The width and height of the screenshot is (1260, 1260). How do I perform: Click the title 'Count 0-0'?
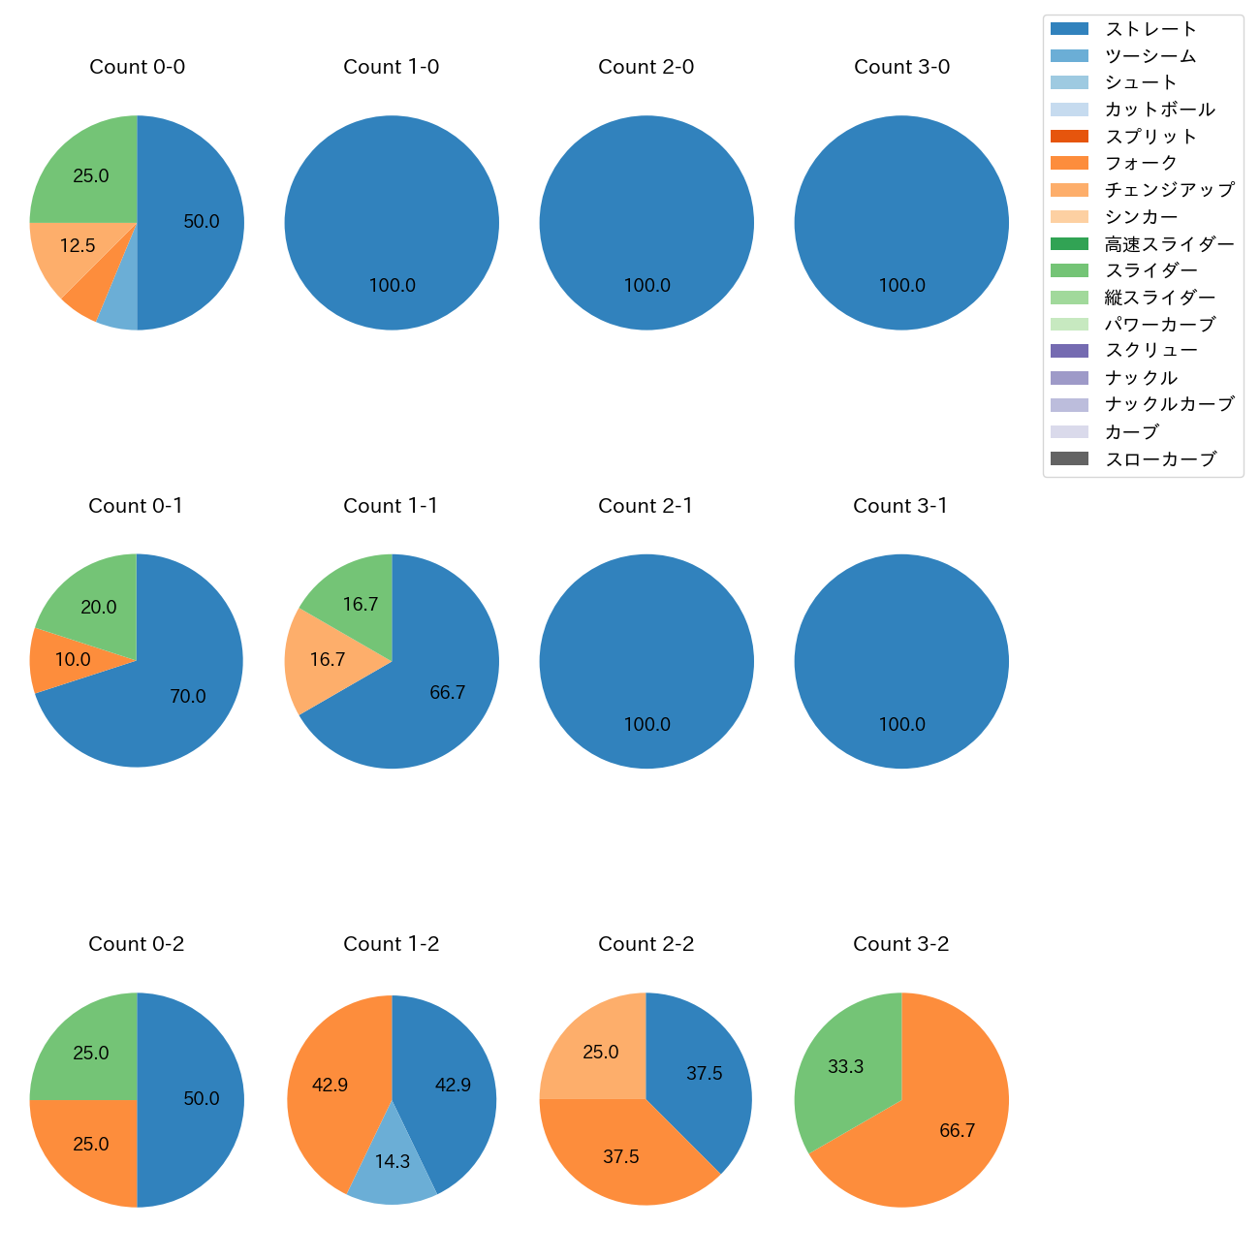click(x=137, y=67)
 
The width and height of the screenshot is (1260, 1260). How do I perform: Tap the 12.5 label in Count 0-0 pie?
click(x=78, y=246)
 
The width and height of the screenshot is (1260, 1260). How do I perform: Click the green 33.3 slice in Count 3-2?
click(x=846, y=1066)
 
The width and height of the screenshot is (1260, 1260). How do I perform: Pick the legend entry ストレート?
click(x=1150, y=29)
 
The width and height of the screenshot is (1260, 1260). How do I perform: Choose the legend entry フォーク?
click(x=1141, y=163)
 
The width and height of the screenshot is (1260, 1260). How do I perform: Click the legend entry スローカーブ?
click(x=1160, y=459)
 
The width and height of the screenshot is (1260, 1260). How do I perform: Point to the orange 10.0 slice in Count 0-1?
click(x=73, y=660)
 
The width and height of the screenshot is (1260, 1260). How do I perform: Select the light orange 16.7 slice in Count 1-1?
click(x=328, y=660)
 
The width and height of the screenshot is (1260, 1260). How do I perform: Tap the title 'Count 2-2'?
click(x=646, y=944)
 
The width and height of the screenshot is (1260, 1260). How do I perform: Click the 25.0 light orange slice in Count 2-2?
click(x=601, y=1053)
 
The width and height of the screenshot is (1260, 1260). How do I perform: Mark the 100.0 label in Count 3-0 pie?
click(x=901, y=286)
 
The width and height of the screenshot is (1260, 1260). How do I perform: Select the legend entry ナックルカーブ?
click(x=1170, y=404)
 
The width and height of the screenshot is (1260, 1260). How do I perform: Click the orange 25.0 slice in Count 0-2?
click(x=91, y=1145)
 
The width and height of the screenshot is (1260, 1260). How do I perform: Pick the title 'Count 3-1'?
click(x=900, y=506)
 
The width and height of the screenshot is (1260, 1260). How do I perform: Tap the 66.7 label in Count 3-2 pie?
click(x=957, y=1131)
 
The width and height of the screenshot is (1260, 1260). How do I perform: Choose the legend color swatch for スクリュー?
click(x=1069, y=351)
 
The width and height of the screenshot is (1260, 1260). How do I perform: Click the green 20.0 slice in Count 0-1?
click(x=99, y=608)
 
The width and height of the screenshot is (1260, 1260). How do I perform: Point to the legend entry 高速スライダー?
click(x=1170, y=244)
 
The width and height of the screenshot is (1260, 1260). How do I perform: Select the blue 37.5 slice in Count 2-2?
click(x=705, y=1074)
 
